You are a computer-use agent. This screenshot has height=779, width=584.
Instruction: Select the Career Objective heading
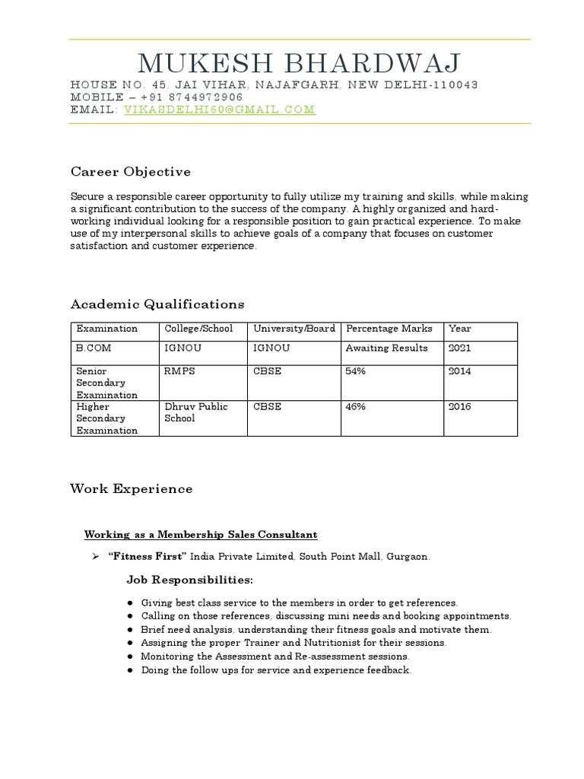130,171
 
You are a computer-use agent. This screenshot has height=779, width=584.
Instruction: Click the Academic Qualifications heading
157,304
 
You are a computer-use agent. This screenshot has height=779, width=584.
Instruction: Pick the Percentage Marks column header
389,329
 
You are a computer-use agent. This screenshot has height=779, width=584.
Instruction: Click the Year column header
460,329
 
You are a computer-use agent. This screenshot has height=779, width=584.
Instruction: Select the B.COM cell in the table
92,348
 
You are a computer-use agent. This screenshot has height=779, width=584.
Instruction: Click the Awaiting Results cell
386,348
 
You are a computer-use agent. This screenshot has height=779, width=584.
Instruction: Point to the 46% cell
356,407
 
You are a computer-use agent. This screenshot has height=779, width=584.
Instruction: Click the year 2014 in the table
460,371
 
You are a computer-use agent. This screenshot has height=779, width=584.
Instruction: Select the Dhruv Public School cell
195,412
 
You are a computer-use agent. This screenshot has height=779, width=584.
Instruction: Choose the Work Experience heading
131,489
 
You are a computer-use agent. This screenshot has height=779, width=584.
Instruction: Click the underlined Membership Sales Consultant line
201,535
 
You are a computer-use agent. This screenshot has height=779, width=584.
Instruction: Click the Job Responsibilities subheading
189,580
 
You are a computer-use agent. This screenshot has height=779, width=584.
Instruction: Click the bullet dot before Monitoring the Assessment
131,657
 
